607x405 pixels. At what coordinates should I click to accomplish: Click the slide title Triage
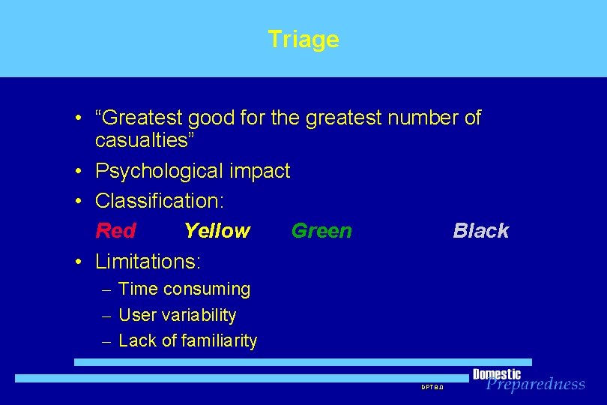[x=303, y=39]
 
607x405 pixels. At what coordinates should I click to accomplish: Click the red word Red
[x=115, y=231]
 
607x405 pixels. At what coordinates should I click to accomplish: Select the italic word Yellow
[x=217, y=231]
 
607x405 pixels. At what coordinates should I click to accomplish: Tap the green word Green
[x=321, y=231]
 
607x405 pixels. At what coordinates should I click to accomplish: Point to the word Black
[x=480, y=231]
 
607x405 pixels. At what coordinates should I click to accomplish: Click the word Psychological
[x=158, y=171]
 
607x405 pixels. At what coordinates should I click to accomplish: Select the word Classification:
[x=160, y=201]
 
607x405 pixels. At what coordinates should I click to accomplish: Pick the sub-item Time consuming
[x=184, y=289]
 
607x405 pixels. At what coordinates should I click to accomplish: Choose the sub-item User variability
[x=178, y=315]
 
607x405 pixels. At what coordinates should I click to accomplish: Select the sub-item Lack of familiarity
[x=187, y=340]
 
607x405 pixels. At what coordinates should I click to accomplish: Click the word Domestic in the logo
[x=496, y=374]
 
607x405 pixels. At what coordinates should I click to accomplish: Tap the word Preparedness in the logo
[x=535, y=384]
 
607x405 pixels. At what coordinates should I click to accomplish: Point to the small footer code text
[x=432, y=387]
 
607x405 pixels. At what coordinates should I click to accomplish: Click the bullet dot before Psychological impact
[x=78, y=172]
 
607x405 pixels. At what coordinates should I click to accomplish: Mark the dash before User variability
[x=106, y=316]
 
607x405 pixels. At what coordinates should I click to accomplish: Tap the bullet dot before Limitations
[x=78, y=262]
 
